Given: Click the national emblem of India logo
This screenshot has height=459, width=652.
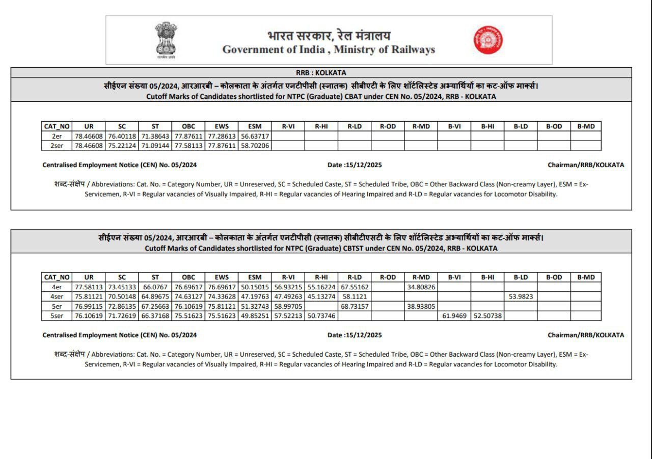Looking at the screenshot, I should (x=166, y=40).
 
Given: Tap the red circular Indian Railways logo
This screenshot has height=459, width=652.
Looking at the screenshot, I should (x=488, y=40).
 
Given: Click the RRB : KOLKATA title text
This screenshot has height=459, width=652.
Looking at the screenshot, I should (x=321, y=73).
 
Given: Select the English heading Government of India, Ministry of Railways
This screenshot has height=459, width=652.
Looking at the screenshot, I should (x=329, y=50).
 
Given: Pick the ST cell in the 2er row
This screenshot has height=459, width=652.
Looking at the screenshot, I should (x=155, y=137).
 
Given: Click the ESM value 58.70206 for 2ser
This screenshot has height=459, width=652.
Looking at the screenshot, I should (x=255, y=146).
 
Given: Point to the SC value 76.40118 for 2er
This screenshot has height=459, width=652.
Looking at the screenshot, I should (x=122, y=137).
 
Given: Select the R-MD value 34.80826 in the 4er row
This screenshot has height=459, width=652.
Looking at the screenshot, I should (x=421, y=287).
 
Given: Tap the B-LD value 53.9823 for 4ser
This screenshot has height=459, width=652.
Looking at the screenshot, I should (x=521, y=296).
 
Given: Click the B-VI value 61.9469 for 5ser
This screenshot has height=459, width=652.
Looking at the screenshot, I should (x=454, y=316).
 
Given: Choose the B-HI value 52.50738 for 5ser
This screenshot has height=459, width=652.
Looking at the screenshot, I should (x=487, y=316).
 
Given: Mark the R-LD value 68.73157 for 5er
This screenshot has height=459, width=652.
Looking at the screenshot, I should (x=355, y=306).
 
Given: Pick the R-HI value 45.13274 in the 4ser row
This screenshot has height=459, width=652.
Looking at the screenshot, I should (x=321, y=296).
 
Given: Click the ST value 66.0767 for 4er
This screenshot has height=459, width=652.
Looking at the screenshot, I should (x=155, y=287).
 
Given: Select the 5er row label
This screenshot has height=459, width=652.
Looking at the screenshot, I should (x=57, y=306).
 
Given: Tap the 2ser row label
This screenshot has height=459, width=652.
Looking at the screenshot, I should (x=57, y=146).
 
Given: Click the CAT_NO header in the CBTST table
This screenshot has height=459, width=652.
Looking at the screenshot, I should (x=57, y=277).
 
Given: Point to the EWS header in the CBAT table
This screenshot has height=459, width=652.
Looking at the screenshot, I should (x=222, y=126).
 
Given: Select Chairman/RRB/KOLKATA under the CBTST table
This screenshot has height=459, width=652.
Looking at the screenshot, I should (x=586, y=335).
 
